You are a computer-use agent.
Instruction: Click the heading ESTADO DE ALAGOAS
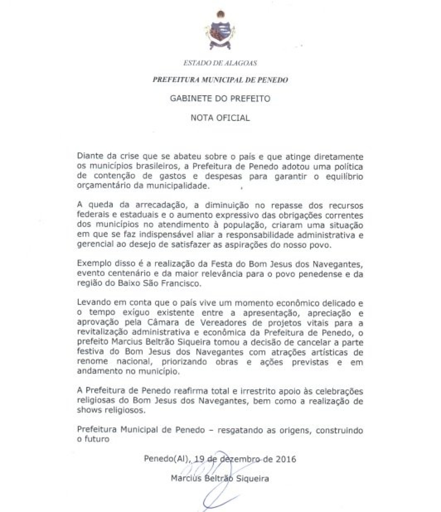220,63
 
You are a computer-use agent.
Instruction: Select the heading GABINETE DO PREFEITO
220,99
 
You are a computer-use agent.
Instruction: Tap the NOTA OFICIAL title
220,118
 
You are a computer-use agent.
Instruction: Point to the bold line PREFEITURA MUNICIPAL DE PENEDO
220,80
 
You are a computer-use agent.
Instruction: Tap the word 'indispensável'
158,234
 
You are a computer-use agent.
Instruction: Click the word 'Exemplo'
92,264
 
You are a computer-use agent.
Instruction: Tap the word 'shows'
88,410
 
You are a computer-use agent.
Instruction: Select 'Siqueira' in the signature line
253,479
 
